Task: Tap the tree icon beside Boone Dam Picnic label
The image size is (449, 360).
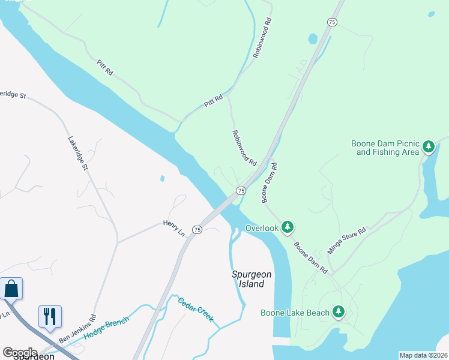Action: pos(428,146)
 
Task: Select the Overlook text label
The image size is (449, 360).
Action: pos(262,228)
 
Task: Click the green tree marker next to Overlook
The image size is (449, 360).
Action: pos(288,227)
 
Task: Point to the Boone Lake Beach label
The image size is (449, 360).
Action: pos(295,313)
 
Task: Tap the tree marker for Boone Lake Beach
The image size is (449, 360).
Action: pos(339,311)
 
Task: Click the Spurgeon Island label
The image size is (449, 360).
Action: pos(252,279)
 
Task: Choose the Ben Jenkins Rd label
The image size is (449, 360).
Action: pos(77,330)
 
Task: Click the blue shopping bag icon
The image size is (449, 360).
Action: pos(11,289)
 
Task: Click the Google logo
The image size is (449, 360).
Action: pos(20,352)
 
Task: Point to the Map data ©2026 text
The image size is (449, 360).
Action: pos(423,355)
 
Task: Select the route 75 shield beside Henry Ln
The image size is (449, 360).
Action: pos(197,230)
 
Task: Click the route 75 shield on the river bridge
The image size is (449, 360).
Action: pos(240,190)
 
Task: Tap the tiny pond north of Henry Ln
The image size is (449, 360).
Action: pos(162,178)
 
